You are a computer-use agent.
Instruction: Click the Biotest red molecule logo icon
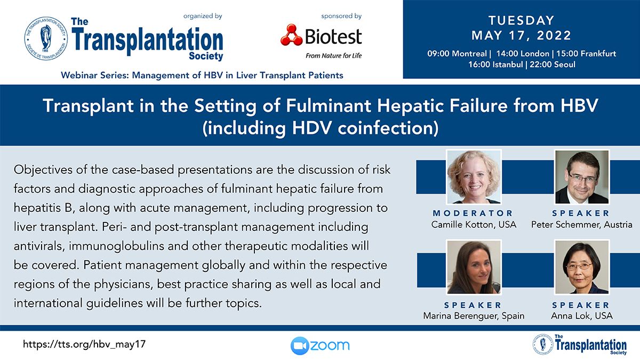291,35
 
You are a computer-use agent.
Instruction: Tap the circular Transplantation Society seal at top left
46,38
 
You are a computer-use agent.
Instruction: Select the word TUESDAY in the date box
522,21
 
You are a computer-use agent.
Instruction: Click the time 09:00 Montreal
457,53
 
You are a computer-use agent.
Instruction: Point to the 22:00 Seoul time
553,65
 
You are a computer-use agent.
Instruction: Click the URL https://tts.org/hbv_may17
84,344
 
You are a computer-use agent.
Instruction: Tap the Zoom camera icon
300,346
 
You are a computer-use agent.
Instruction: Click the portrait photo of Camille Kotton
474,177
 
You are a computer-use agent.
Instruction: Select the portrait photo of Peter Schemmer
582,177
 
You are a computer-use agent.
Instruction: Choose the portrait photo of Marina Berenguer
474,267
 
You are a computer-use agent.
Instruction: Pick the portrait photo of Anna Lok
582,267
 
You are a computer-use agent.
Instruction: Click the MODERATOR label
473,213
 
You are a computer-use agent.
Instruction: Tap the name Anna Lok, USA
582,316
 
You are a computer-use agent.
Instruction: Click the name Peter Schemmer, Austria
582,225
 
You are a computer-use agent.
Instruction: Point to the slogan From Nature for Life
333,55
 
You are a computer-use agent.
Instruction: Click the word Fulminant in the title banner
329,106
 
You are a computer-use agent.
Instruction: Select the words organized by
203,17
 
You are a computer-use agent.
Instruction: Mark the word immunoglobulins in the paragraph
116,246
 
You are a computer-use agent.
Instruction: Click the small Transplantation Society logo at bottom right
580,345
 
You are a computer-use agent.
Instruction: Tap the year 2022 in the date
554,35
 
